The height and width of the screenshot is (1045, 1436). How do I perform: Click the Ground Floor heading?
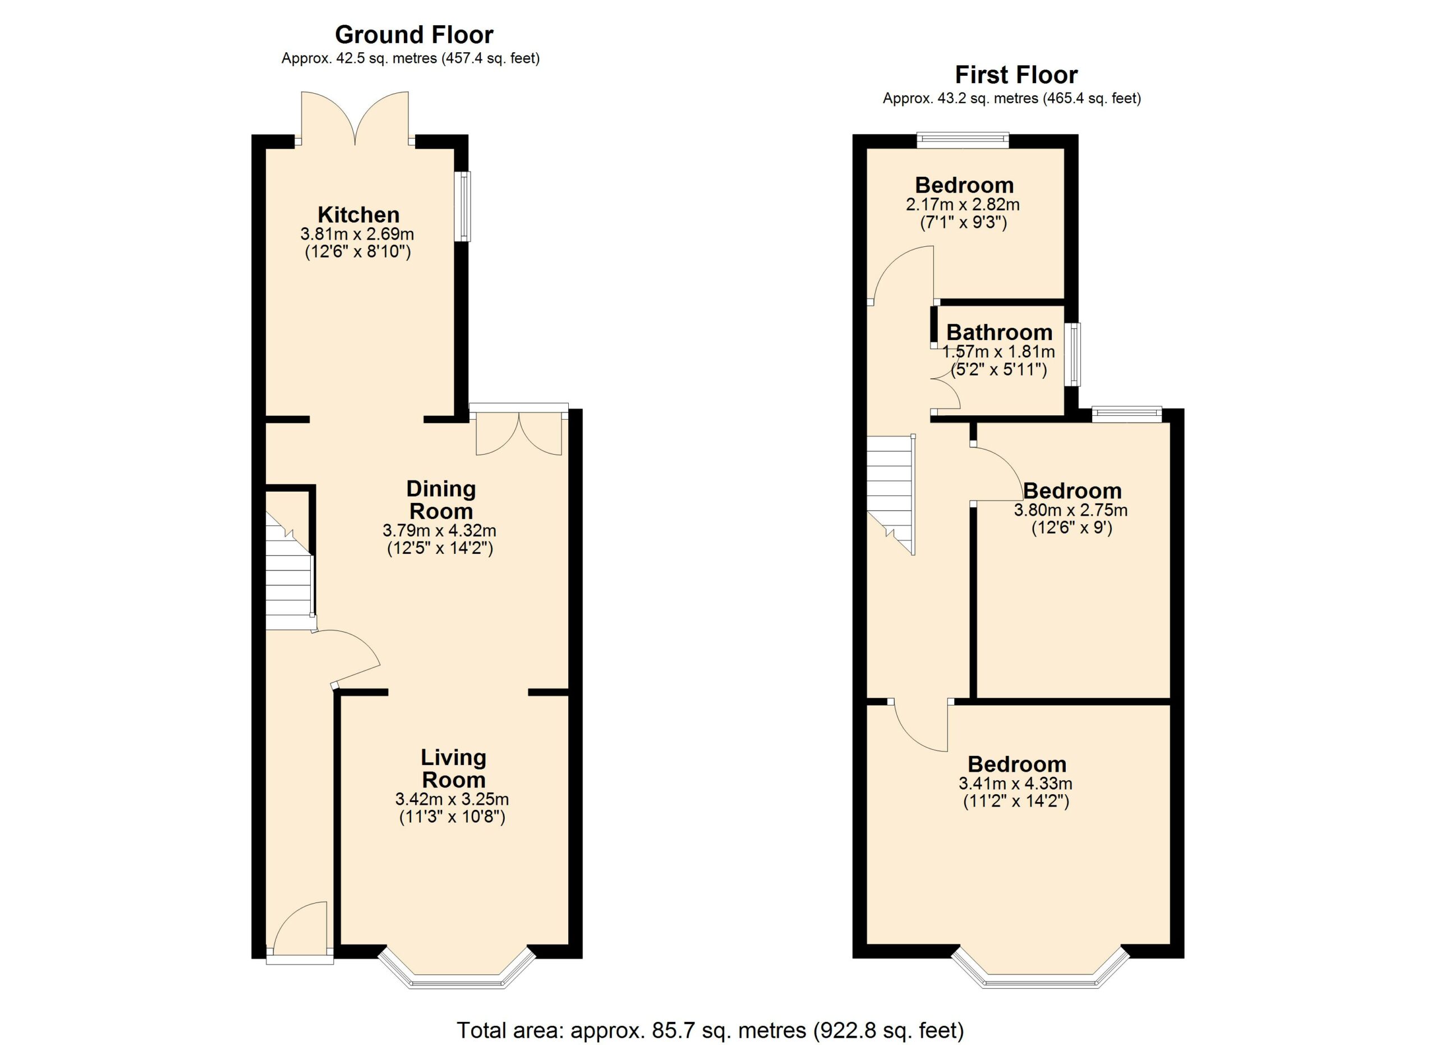pyautogui.click(x=414, y=34)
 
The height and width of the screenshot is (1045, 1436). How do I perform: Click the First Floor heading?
pyautogui.click(x=1016, y=75)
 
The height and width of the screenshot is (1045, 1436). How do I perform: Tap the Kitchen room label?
pyautogui.click(x=358, y=215)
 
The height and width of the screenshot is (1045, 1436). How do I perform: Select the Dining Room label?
pyautogui.click(x=441, y=499)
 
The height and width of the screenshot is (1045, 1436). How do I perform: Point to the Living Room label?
pyautogui.click(x=453, y=768)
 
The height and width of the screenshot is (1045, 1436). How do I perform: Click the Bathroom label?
pyautogui.click(x=999, y=332)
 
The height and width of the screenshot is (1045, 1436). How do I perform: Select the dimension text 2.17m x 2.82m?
pyautogui.click(x=963, y=205)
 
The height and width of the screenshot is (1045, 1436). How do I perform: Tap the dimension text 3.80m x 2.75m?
pyautogui.click(x=1071, y=510)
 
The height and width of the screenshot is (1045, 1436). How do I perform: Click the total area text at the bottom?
pyautogui.click(x=710, y=1030)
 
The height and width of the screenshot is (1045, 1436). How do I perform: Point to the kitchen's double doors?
pyautogui.click(x=355, y=118)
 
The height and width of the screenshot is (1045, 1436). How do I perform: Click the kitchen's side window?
pyautogui.click(x=465, y=207)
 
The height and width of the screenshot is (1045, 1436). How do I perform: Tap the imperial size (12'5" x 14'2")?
pyautogui.click(x=440, y=548)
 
